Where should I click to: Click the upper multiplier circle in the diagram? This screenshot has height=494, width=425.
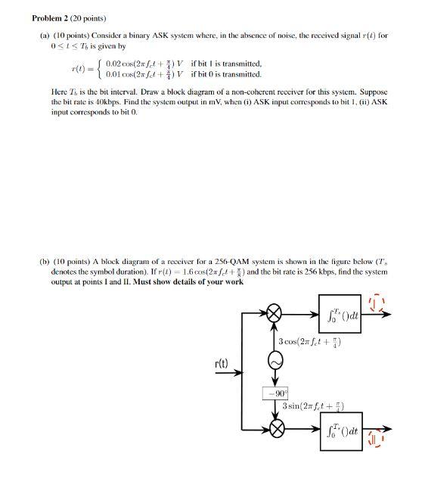pyautogui.click(x=276, y=314)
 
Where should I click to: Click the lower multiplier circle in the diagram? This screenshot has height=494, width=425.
pyautogui.click(x=276, y=428)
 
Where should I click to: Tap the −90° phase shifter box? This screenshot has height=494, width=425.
pyautogui.click(x=275, y=393)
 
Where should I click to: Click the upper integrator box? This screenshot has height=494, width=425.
pyautogui.click(x=344, y=314)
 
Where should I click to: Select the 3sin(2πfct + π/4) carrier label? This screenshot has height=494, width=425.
pyautogui.click(x=313, y=407)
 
